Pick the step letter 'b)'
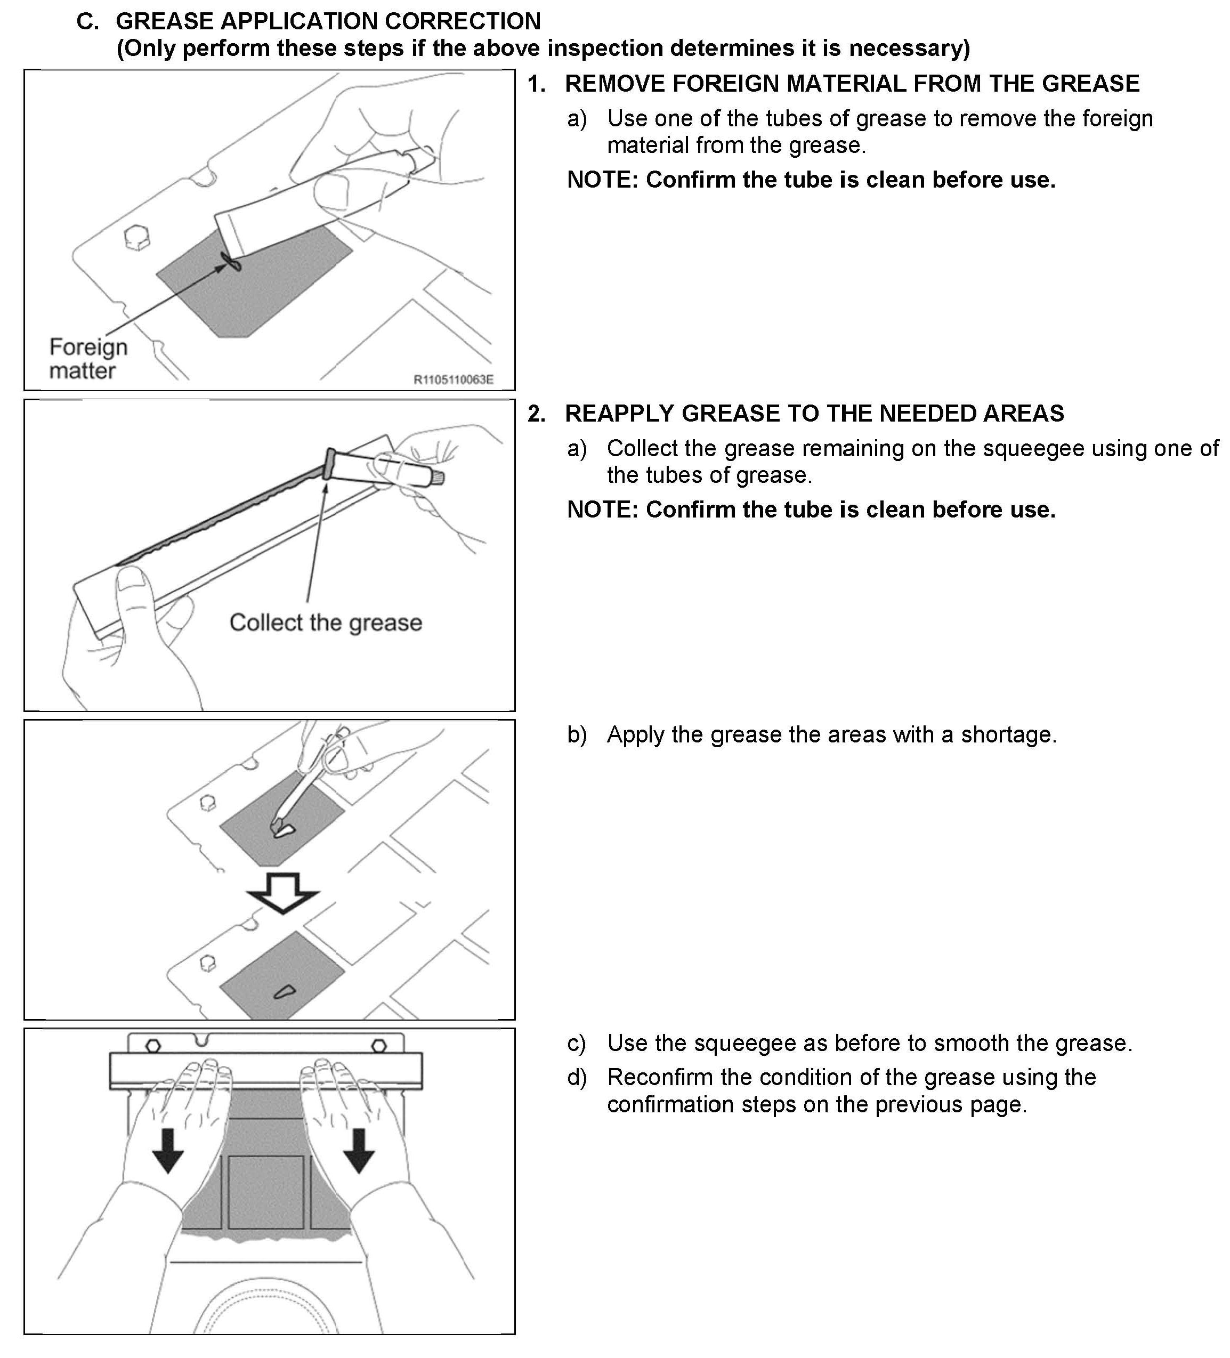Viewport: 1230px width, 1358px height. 577,734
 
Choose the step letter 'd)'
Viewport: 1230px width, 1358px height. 577,1077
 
